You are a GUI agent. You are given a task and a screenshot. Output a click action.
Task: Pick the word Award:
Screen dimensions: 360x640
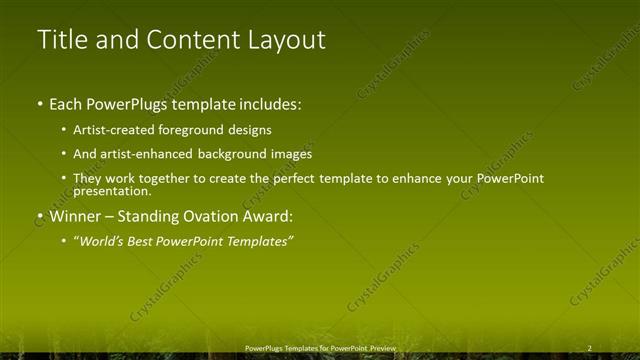(274, 215)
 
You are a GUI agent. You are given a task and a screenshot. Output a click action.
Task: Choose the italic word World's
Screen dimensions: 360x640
(102, 241)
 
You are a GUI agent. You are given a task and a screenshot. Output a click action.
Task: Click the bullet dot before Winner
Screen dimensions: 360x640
(40, 215)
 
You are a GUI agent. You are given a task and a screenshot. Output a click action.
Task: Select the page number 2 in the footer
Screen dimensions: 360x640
(590, 348)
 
